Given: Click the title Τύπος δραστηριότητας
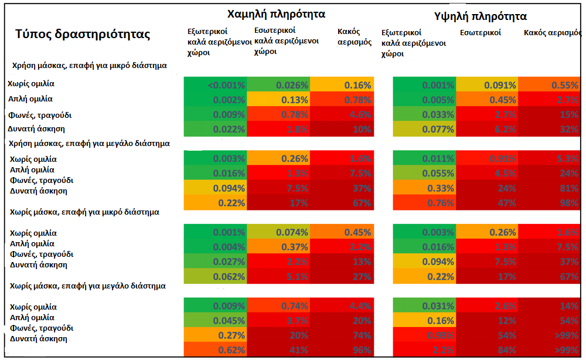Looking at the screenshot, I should [x=83, y=35].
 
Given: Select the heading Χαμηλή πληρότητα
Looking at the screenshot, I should [x=277, y=13].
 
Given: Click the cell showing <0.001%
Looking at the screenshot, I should [x=215, y=85].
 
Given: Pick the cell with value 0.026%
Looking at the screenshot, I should [x=278, y=85].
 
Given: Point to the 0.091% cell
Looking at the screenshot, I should [x=488, y=85].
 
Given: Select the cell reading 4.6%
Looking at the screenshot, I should [x=342, y=115].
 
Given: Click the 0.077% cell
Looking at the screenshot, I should [x=424, y=129].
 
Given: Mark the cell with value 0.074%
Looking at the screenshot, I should [x=278, y=232].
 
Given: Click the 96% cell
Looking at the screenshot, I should [x=342, y=350].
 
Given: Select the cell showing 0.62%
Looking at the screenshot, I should [x=215, y=350].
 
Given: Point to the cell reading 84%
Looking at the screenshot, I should [x=488, y=350].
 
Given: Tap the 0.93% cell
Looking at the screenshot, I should [x=424, y=335].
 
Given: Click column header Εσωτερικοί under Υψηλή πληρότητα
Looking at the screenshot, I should [x=480, y=33].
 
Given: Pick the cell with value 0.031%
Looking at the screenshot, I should [x=424, y=306].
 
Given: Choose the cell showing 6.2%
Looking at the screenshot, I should [x=488, y=129].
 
